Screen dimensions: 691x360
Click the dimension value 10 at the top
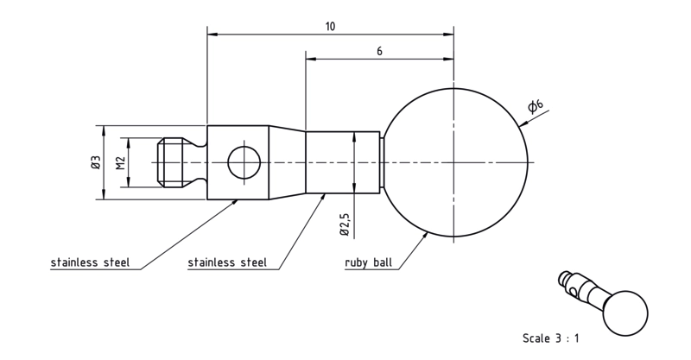tap(330, 27)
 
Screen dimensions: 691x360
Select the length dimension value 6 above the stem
tap(379, 51)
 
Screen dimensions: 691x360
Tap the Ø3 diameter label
tap(96, 162)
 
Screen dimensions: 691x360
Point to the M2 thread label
tap(121, 163)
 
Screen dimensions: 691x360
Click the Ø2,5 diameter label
tap(345, 224)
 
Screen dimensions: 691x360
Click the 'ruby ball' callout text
tap(369, 263)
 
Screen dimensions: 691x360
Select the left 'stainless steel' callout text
tap(91, 262)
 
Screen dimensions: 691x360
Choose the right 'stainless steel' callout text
tap(227, 262)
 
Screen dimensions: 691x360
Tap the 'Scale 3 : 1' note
tap(551, 338)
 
